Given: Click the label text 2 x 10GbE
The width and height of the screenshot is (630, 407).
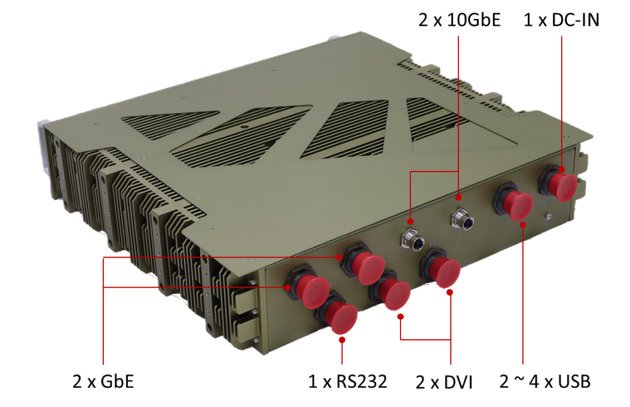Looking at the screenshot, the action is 459,20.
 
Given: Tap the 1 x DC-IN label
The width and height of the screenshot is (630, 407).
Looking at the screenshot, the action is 561,20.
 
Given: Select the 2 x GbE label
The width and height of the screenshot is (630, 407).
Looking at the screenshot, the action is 103,381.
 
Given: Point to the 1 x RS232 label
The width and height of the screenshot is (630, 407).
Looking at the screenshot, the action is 348,381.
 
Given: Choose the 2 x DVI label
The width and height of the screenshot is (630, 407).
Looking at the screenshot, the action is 444,382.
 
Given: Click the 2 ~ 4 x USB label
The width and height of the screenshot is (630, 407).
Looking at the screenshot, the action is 545,381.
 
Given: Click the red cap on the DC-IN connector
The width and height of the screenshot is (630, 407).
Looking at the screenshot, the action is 563,186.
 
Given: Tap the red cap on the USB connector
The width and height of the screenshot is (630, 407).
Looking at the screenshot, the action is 518,205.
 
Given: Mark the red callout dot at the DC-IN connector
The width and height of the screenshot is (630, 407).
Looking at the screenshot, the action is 561,170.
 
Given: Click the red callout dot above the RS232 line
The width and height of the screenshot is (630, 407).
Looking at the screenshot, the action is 342,340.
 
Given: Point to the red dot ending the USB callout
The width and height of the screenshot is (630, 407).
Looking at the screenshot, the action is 523,225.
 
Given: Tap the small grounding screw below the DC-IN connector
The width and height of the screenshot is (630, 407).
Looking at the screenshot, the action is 547,217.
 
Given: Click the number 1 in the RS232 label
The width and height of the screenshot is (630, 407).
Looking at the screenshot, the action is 312,381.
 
